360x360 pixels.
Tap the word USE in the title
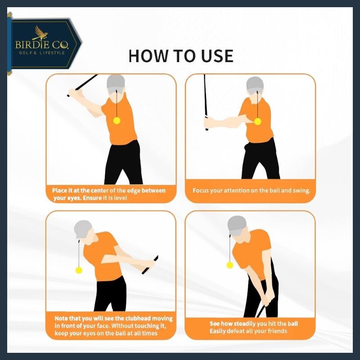pos(217,56)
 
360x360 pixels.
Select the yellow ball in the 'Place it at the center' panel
pos(117,121)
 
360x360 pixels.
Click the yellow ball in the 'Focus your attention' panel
pos(257,121)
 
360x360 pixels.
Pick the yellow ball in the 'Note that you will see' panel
pos(79,270)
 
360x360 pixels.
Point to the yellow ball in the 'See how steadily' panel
pos(230,265)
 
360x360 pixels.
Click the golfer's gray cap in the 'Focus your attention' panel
pos(255,85)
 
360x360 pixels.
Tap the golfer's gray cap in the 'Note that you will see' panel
pos(83,229)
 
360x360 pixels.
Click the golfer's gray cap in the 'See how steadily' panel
pos(237,225)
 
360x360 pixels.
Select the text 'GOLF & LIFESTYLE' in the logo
pos(42,53)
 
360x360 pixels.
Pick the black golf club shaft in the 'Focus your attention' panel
pos(206,102)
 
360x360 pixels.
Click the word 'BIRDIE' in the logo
pos(31,44)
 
